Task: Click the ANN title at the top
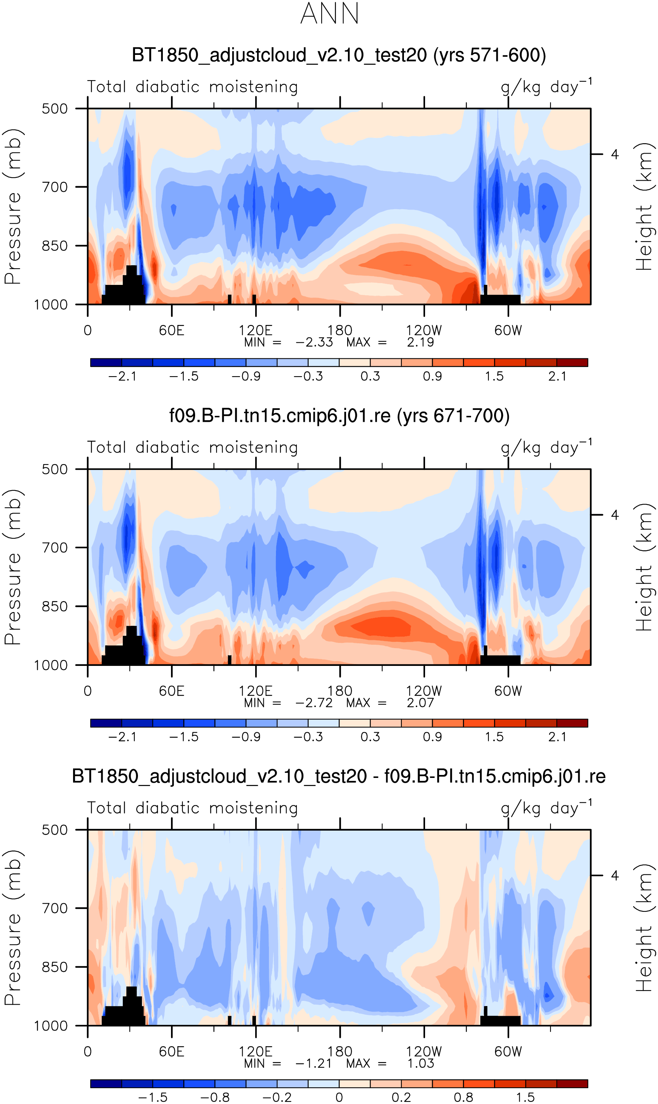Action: coord(329,13)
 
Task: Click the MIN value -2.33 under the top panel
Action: coord(314,342)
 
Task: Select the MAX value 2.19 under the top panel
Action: coord(420,342)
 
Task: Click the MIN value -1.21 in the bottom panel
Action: coord(313,1063)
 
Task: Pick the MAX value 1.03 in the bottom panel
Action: coord(420,1063)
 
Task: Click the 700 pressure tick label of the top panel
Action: coord(55,187)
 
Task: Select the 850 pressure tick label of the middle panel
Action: coord(55,607)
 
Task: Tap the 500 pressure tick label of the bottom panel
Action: coord(55,830)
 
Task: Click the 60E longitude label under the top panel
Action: coord(172,330)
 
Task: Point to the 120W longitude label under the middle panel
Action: coord(424,691)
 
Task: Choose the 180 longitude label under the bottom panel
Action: coord(340,1051)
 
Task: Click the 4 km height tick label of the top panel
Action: coord(615,154)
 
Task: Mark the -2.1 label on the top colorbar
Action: coord(122,377)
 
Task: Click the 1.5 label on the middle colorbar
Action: coord(494,737)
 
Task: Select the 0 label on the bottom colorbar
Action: coord(339,1098)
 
